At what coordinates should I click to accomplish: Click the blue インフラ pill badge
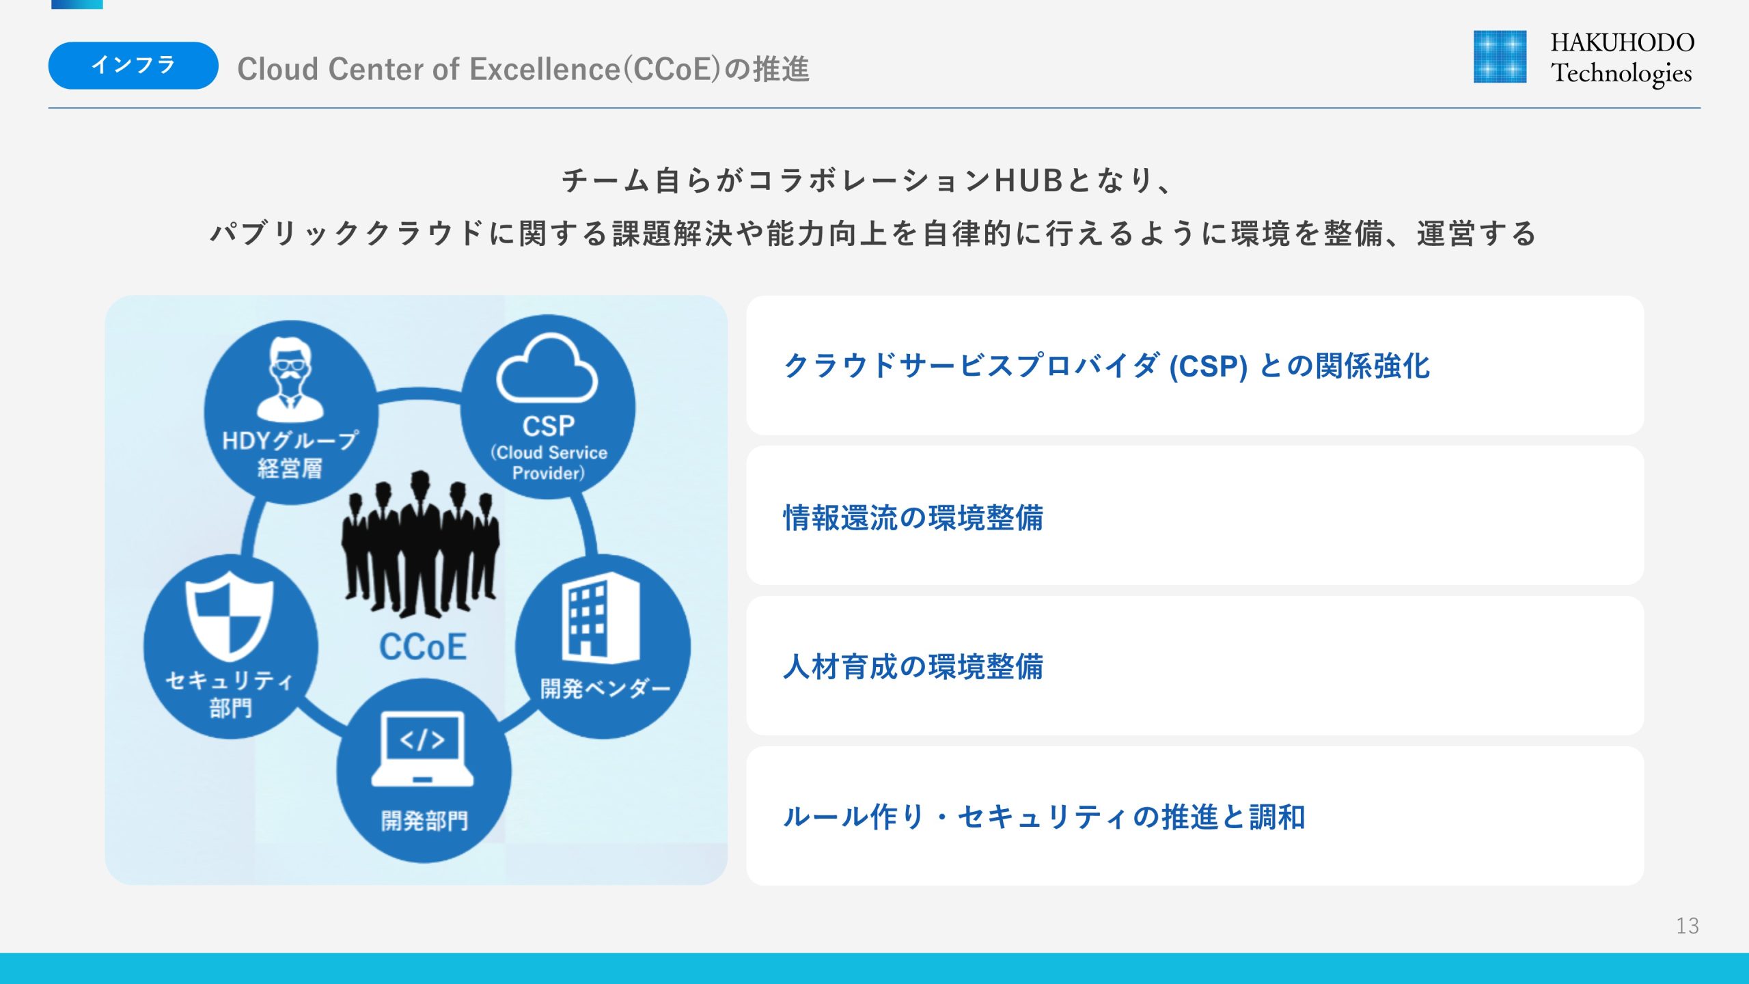[133, 66]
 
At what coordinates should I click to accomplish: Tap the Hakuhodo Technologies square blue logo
[1500, 57]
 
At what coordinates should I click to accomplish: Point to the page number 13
[1687, 926]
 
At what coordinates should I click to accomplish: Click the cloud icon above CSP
[547, 368]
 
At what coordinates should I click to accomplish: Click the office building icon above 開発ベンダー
[601, 618]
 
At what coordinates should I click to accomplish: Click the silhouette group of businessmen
[421, 544]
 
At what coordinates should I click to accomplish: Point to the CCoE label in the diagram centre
[423, 647]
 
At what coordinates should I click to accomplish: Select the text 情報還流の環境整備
[913, 518]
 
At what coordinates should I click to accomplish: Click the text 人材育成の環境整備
[913, 667]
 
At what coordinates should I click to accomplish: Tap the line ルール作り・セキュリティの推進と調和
[1044, 817]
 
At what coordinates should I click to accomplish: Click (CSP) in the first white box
[1208, 367]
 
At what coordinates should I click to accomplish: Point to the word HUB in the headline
[1028, 181]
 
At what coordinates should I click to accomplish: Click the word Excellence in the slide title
[545, 69]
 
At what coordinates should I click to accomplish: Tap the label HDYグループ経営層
[290, 454]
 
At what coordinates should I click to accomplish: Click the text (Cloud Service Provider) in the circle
[549, 463]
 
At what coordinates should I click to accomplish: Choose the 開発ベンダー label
[605, 688]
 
